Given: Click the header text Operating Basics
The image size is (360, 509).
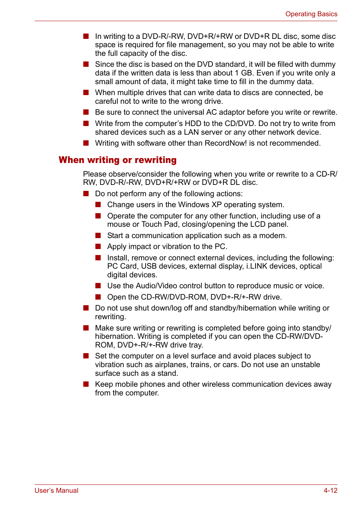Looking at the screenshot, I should (x=311, y=14).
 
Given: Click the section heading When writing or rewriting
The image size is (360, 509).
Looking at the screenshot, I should (x=117, y=160).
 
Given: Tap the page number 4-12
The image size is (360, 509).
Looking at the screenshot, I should (x=330, y=491).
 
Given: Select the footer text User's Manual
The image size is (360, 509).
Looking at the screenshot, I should (x=57, y=491).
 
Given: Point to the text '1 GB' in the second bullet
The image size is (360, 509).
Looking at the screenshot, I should (x=243, y=73).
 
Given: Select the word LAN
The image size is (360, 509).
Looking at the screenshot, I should (x=191, y=132).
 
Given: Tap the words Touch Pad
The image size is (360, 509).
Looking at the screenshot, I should (x=159, y=225).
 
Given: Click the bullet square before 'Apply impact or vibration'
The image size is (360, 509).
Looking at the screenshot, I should (x=98, y=247).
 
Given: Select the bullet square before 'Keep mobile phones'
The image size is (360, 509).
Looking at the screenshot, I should (x=86, y=384).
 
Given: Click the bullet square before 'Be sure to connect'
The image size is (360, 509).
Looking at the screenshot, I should (x=86, y=112).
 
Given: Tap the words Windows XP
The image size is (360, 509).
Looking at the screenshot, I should (x=193, y=205).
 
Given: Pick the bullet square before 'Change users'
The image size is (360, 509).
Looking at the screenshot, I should (x=98, y=205).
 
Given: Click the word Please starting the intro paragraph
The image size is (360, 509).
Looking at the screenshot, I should (x=95, y=174).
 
